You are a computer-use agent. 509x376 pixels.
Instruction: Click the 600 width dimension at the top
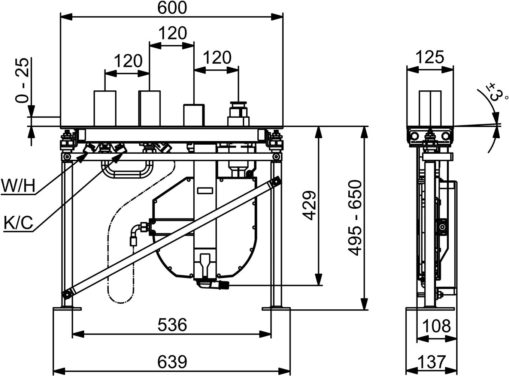click(x=172, y=8)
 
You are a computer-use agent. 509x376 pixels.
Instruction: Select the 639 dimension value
click(x=172, y=362)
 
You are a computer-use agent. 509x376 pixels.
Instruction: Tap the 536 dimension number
click(x=172, y=325)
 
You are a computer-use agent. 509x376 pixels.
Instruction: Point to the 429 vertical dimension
click(x=309, y=205)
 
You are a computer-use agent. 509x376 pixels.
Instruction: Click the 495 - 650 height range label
click(x=355, y=218)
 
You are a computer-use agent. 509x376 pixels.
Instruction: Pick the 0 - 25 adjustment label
click(x=22, y=80)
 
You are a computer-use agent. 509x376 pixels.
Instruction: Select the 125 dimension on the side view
click(x=430, y=57)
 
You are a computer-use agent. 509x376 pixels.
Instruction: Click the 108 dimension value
click(x=436, y=326)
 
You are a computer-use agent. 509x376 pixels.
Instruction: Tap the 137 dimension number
click(x=431, y=362)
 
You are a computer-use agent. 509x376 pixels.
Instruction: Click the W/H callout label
click(x=18, y=186)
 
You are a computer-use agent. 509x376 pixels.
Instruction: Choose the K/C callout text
click(x=19, y=223)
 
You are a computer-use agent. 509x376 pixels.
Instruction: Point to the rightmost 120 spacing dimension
click(x=217, y=57)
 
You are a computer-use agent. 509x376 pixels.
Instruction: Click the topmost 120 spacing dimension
click(x=173, y=33)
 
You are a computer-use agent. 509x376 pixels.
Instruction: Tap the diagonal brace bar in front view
click(x=172, y=238)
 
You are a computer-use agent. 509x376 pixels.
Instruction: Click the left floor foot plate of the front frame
click(x=67, y=309)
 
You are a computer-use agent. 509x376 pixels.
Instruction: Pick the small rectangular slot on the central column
click(x=205, y=191)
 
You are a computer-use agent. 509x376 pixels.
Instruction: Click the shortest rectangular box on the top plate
click(x=194, y=115)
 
